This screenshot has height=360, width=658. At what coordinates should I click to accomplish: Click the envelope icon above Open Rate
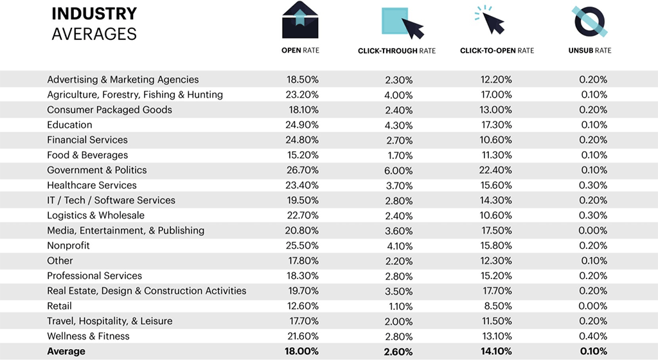tap(300, 20)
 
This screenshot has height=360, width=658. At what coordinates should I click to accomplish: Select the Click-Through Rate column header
tap(396, 51)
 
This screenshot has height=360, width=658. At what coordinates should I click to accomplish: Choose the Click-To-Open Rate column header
tap(497, 51)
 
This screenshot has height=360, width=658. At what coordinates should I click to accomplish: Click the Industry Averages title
tap(94, 23)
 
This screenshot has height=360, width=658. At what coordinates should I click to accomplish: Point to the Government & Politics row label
tap(96, 170)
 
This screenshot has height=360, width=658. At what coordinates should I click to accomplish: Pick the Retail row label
tap(59, 306)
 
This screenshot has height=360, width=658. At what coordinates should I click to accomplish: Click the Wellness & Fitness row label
tap(88, 336)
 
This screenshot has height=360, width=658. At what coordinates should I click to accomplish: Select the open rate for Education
tap(303, 125)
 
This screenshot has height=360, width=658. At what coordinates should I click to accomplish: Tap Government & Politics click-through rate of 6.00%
tap(398, 170)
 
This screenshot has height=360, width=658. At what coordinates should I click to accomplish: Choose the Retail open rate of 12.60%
tap(303, 306)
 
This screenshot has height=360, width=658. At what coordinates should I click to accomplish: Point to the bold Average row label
tap(66, 352)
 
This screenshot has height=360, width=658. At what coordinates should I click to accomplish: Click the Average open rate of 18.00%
tap(303, 352)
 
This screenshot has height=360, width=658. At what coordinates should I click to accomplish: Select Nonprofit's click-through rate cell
tap(398, 246)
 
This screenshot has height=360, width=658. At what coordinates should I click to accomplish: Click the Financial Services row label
tap(87, 140)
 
